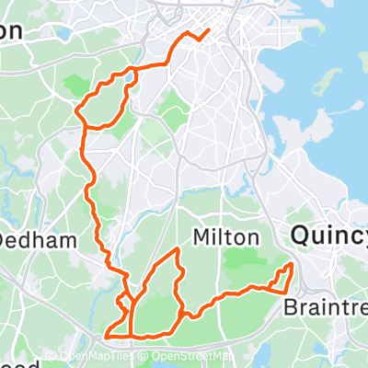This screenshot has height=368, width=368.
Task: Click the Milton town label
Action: click(225, 237)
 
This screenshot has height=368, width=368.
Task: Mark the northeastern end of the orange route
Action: click(208, 30)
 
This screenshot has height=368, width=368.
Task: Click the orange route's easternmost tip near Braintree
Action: click(293, 266)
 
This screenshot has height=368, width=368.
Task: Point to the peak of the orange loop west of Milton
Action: click(175, 250)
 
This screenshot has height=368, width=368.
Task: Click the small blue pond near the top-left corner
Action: click(62, 36)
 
